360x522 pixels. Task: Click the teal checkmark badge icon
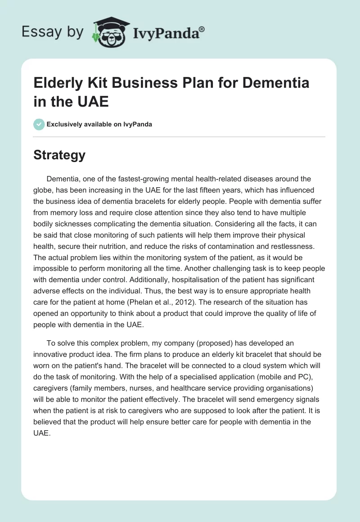pos(39,124)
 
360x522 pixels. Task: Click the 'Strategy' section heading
pos(59,155)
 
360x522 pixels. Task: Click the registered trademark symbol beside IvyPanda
pos(202,29)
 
